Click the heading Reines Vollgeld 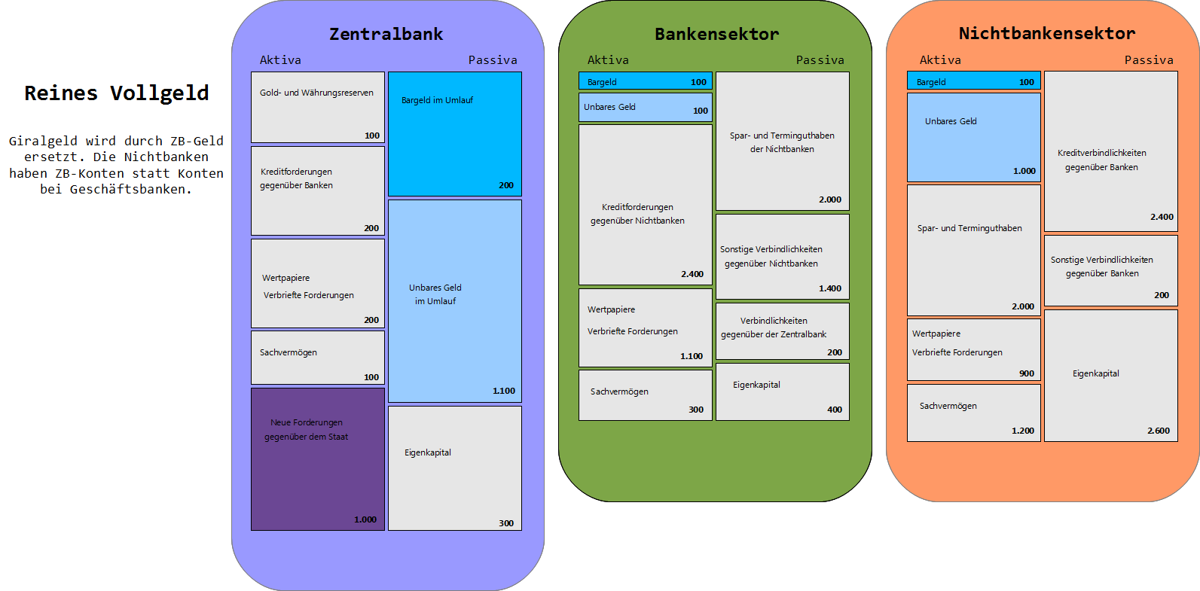(x=116, y=93)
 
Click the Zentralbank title (x=386, y=34)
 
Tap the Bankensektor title (x=717, y=34)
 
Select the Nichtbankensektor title (x=1047, y=33)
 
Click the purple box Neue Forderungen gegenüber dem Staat (x=318, y=459)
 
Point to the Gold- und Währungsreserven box (x=318, y=107)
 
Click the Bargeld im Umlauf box (x=455, y=134)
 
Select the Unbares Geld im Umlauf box (x=455, y=301)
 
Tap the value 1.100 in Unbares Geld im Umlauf (x=503, y=391)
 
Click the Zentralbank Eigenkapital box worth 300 (x=455, y=468)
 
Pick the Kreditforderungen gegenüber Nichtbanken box (x=646, y=205)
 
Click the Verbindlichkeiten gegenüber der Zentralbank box (x=783, y=331)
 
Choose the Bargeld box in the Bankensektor (x=646, y=81)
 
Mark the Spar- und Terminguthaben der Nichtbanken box (x=783, y=142)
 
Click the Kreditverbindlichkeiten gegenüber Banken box (x=1111, y=151)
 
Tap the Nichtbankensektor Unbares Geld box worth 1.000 (x=974, y=138)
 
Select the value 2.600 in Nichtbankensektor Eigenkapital (x=1159, y=431)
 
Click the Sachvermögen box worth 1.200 (x=974, y=413)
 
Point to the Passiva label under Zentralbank (x=493, y=60)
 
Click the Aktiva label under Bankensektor (x=608, y=60)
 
